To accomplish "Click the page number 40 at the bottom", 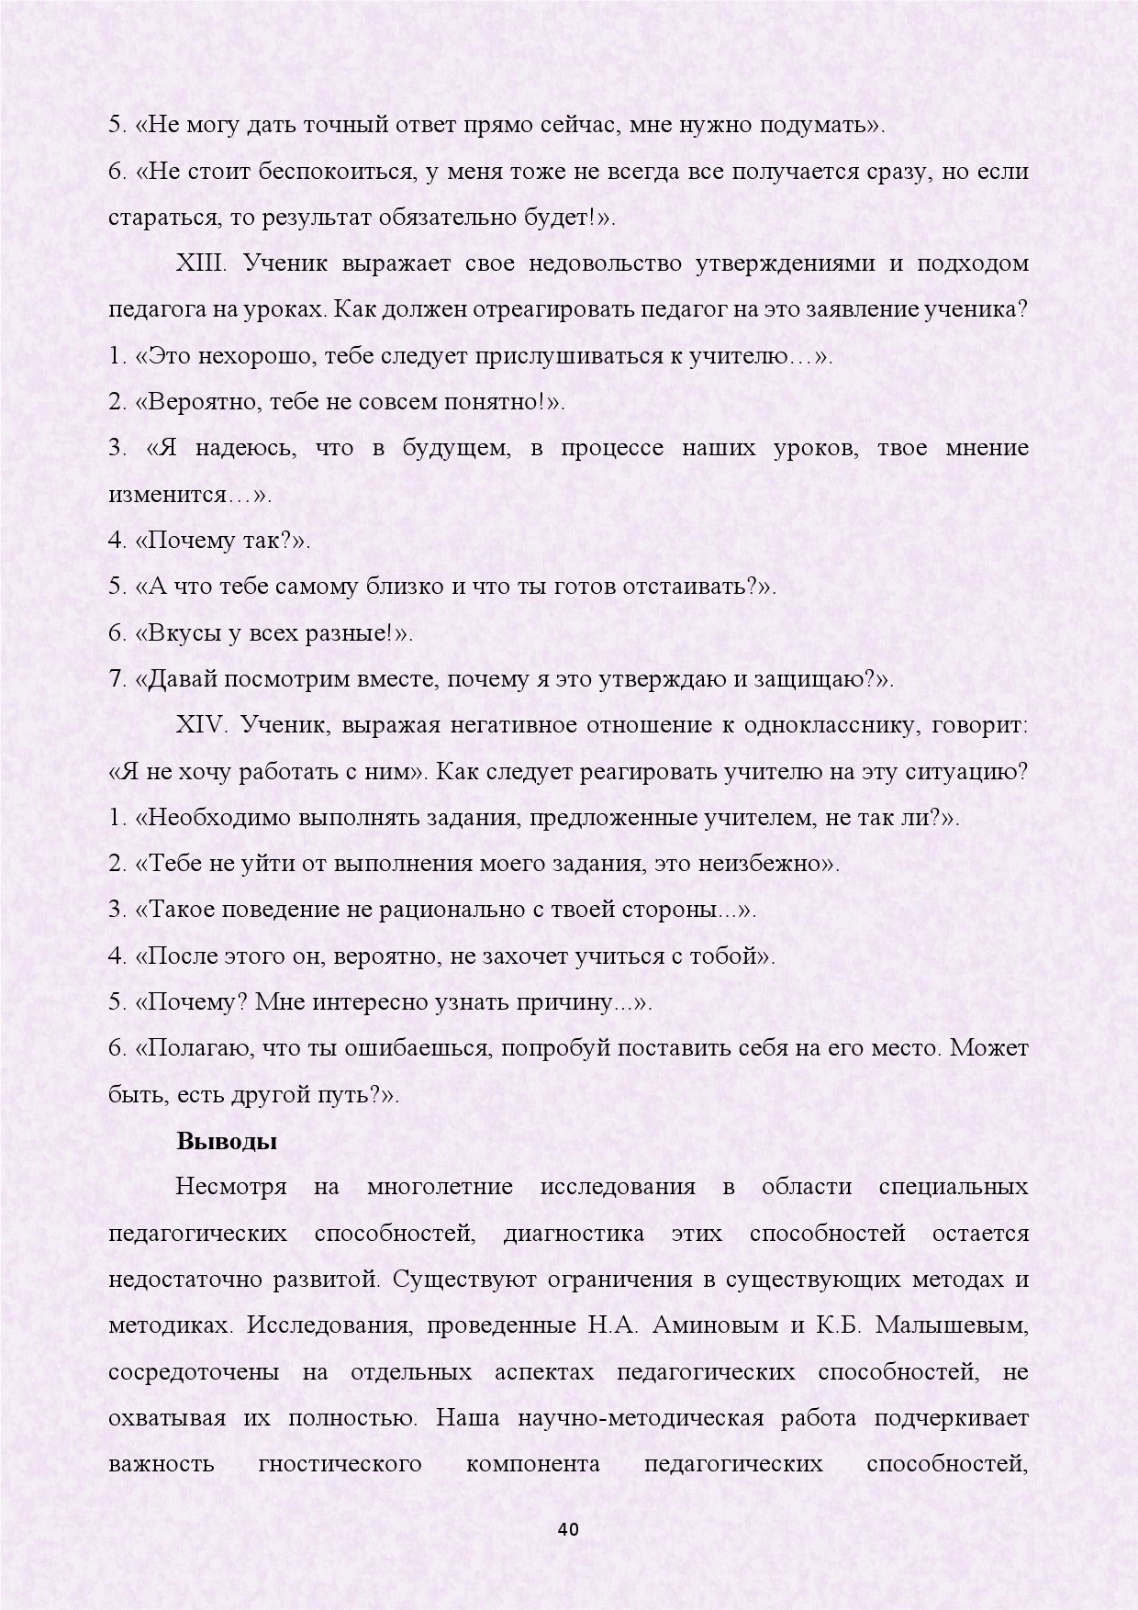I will point(568,1529).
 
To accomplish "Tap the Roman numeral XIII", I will point(200,263).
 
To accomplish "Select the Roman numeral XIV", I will point(201,725).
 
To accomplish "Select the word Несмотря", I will point(231,1187).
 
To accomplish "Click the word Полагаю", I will point(192,1048).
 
